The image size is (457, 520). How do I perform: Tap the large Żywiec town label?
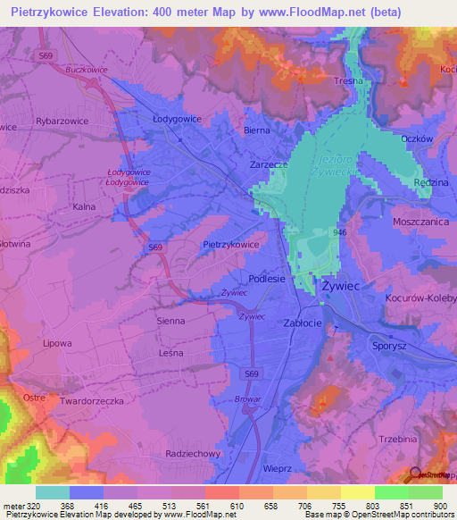pos(339,287)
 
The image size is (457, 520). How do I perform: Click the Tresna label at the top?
pos(348,80)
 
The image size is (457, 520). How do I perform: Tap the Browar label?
pos(247,399)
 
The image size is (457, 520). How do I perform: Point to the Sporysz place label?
pos(389,343)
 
